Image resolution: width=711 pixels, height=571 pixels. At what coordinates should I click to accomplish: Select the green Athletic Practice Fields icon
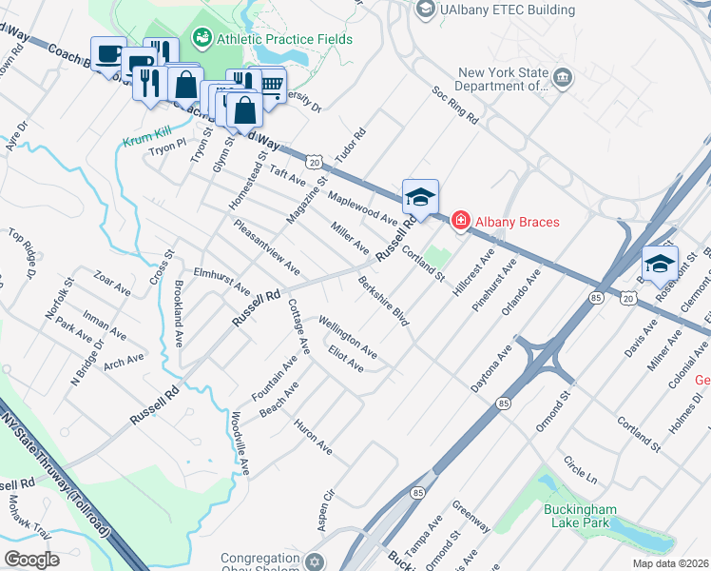[x=202, y=39]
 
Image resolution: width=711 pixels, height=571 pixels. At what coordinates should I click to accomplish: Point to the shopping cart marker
[x=271, y=87]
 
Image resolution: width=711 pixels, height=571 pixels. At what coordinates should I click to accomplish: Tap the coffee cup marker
[x=107, y=53]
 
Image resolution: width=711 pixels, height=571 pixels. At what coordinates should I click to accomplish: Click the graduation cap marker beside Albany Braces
[x=420, y=197]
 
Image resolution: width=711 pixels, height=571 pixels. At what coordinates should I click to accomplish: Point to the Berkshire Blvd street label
[x=384, y=302]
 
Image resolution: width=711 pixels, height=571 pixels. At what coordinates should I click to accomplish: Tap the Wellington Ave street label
[x=348, y=337]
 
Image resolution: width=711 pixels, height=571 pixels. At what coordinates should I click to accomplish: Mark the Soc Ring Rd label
[x=454, y=105]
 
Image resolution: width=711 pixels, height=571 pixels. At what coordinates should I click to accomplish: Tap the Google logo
[x=31, y=560]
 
